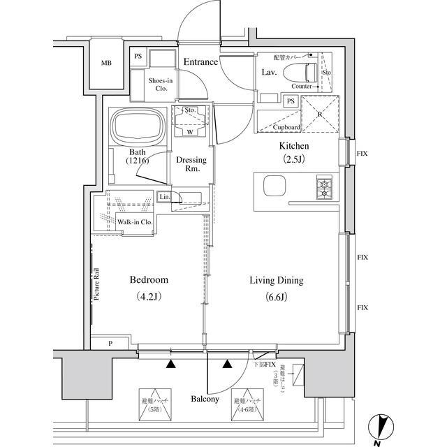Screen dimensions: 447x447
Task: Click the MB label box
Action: (106, 64)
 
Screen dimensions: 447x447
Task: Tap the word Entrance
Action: (201, 62)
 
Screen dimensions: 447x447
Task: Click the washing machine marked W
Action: (190, 122)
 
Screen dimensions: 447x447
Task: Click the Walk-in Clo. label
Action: (135, 222)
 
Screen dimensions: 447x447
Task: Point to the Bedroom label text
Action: (149, 280)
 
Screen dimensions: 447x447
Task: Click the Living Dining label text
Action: (277, 281)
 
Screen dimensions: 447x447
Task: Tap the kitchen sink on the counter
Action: (274, 186)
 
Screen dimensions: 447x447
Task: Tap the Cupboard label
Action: (287, 128)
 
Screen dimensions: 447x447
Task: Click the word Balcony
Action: (205, 400)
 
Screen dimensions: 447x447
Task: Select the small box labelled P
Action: (110, 344)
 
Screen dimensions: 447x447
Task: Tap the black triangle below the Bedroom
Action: (170, 363)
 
